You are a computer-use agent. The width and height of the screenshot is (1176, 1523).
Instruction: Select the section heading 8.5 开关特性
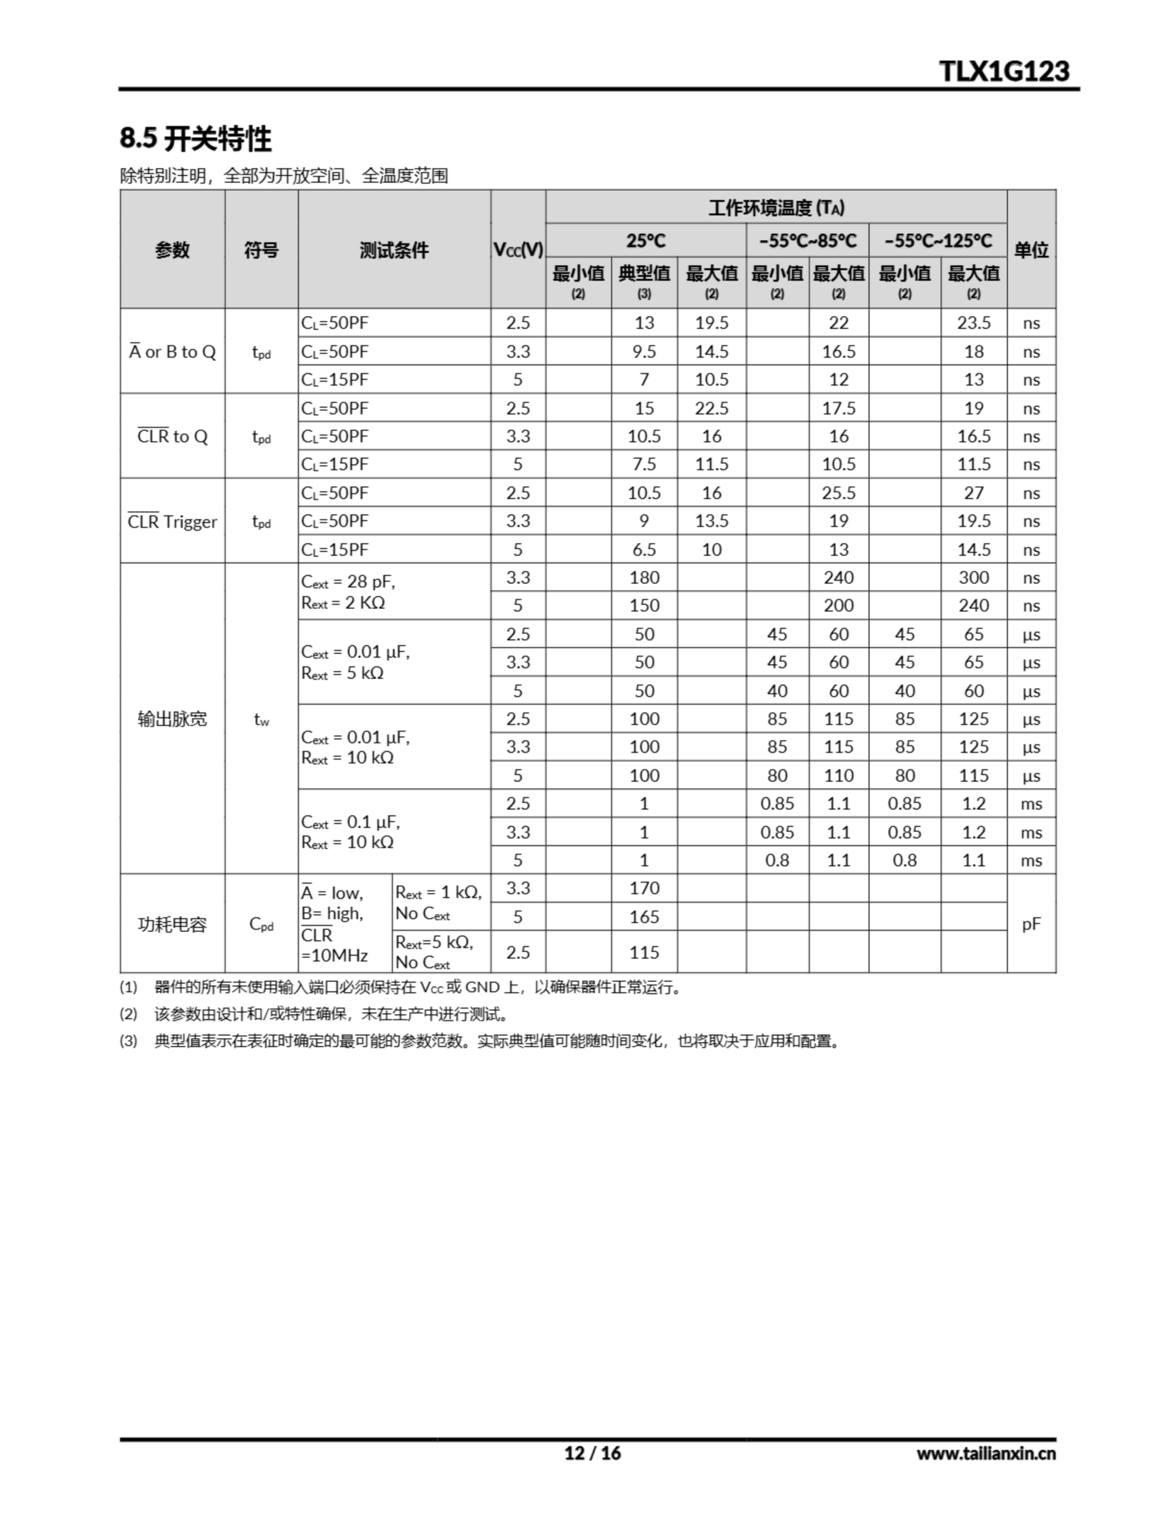[x=196, y=138]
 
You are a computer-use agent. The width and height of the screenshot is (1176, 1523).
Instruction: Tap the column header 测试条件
[x=394, y=250]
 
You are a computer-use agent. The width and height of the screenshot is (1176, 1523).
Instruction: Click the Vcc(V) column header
[x=518, y=250]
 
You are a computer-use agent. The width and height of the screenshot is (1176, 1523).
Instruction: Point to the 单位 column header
[x=1031, y=250]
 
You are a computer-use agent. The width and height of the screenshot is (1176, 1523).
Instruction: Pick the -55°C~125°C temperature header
[x=938, y=240]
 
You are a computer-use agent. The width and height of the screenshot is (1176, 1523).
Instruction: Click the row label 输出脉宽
[x=172, y=718]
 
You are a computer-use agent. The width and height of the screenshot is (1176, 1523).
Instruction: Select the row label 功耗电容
[x=172, y=924]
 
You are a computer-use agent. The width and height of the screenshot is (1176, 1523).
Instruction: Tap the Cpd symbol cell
[x=262, y=924]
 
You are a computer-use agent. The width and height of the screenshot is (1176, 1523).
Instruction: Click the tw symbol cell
[x=262, y=719]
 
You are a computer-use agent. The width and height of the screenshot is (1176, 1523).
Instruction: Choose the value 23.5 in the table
[x=973, y=323]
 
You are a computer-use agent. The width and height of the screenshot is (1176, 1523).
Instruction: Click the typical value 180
[x=644, y=578]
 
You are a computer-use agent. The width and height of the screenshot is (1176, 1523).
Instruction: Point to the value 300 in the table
[x=973, y=578]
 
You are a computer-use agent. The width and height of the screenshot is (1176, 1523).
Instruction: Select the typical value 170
[x=644, y=888]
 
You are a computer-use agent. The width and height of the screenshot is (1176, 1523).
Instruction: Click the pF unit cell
[x=1031, y=924]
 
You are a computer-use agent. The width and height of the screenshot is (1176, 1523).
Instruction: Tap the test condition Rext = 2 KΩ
[x=343, y=603]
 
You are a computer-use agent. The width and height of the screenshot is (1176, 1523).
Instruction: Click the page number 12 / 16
[x=592, y=1453]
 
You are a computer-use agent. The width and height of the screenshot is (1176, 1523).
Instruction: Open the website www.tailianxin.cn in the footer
[x=986, y=1453]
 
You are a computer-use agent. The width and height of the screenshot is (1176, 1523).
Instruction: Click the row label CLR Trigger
[x=172, y=522]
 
